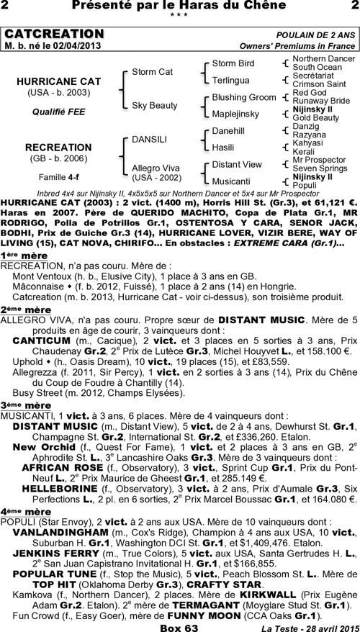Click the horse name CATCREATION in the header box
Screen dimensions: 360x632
[x=54, y=35]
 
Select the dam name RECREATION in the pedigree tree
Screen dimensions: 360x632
[x=58, y=147]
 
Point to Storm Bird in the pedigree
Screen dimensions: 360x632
[x=233, y=63]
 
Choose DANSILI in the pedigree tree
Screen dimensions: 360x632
[x=149, y=138]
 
